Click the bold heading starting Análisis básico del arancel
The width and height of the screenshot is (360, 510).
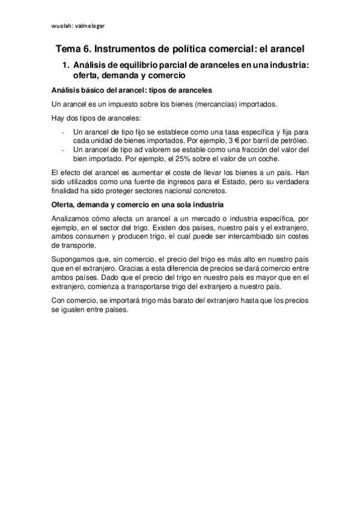[x=132, y=90]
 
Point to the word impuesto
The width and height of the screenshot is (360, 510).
[x=129, y=104]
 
